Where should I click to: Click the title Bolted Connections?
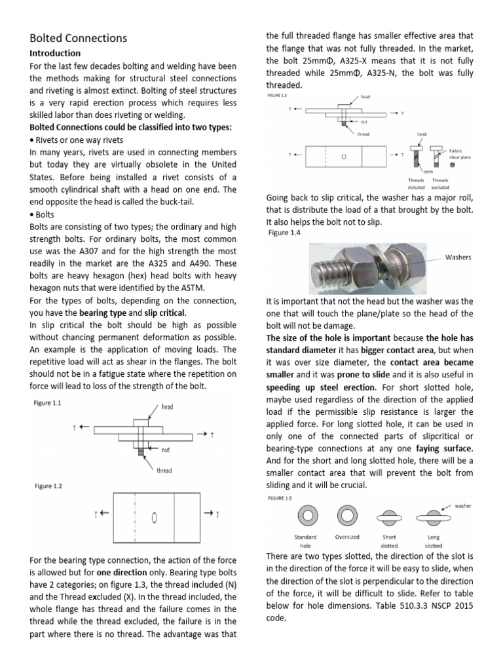[79, 39]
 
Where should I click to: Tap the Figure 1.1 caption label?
[47, 404]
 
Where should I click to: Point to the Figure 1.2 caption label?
[47, 486]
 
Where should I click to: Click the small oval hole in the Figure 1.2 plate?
[154, 518]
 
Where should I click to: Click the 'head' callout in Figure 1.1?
[168, 407]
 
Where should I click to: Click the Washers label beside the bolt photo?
[458, 258]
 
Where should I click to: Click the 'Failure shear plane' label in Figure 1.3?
[459, 154]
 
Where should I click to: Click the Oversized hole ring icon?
[346, 516]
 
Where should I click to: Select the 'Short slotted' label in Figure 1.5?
[388, 541]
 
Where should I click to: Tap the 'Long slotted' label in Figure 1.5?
[433, 541]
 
